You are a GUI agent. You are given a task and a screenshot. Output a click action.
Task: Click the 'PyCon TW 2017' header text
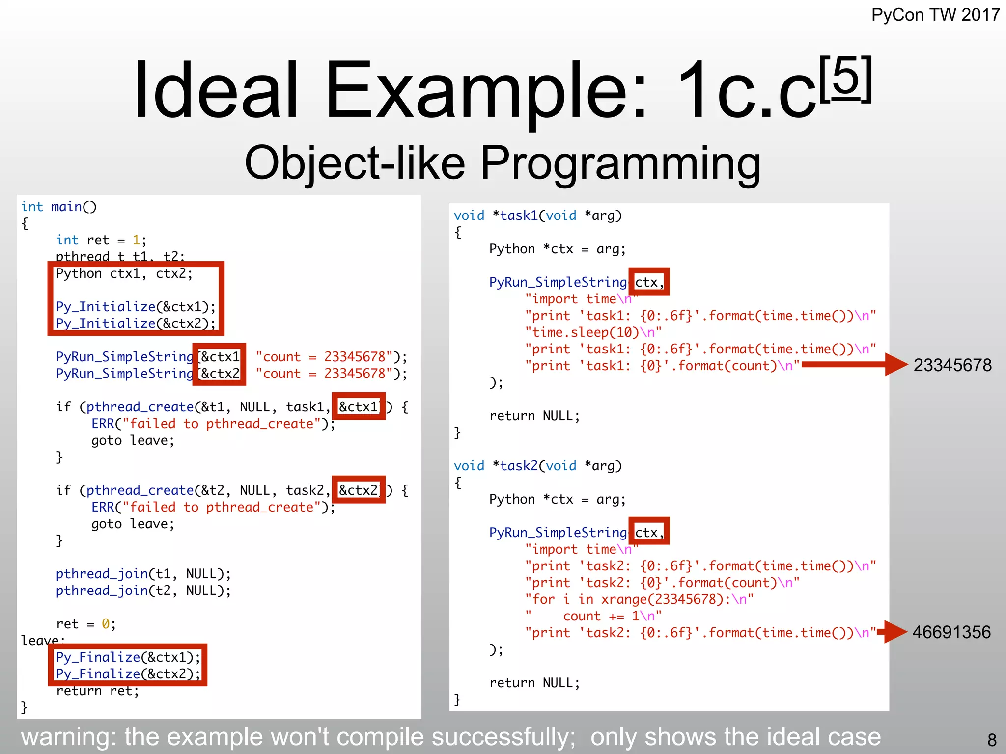tap(935, 15)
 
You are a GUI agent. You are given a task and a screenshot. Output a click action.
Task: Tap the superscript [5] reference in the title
tap(845, 79)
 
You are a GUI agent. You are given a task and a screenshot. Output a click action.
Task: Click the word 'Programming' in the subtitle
tap(620, 163)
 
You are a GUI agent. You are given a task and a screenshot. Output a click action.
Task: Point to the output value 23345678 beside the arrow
tap(952, 365)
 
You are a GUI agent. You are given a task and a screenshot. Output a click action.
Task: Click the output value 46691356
tap(951, 632)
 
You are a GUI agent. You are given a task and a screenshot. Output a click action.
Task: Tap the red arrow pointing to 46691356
tap(892, 632)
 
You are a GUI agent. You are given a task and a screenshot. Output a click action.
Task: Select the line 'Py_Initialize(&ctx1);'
tap(136, 307)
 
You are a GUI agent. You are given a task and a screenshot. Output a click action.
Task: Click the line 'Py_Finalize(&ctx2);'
tap(128, 674)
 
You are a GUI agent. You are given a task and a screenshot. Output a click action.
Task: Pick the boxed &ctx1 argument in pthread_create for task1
tap(359, 406)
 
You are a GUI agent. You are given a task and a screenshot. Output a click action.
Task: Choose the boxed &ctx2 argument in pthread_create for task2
tap(359, 490)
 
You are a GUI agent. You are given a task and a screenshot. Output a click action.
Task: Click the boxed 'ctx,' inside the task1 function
tap(648, 282)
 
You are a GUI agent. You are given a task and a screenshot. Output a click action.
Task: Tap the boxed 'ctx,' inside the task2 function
tap(648, 533)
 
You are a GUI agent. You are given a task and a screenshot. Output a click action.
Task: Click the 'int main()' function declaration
tap(59, 207)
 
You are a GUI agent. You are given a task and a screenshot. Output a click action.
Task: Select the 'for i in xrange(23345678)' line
tap(639, 599)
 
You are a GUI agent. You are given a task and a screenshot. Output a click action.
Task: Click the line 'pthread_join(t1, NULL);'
tap(143, 574)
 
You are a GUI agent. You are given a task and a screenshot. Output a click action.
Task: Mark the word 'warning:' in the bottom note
tap(68, 737)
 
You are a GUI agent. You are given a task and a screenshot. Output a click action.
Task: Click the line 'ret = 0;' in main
tap(86, 624)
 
